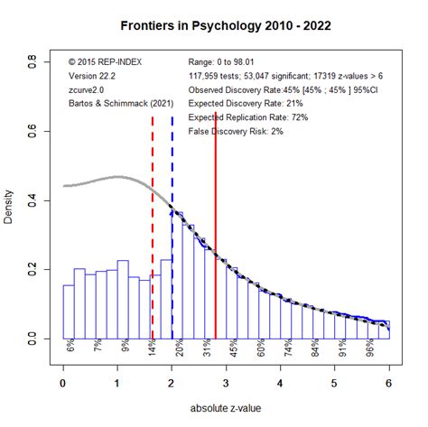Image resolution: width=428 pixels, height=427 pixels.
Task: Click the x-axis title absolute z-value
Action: point(226,408)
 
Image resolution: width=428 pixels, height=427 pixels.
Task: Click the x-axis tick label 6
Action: point(389,382)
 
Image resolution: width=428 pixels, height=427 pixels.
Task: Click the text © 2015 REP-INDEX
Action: point(106,61)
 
